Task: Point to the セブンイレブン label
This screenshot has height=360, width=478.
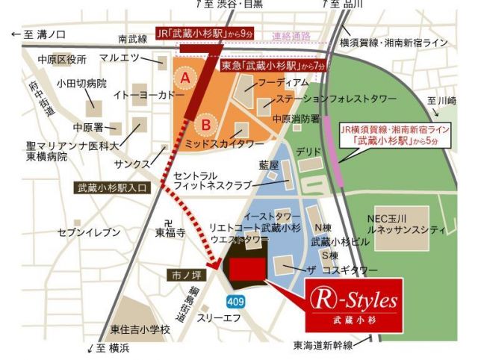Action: point(89,233)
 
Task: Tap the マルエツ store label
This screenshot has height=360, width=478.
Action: point(119,58)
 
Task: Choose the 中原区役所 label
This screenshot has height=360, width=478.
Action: point(62,59)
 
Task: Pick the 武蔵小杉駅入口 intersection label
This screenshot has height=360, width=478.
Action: point(113,189)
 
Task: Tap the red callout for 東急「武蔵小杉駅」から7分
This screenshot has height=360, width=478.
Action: point(274,66)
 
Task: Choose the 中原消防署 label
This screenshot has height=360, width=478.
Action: point(297,118)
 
